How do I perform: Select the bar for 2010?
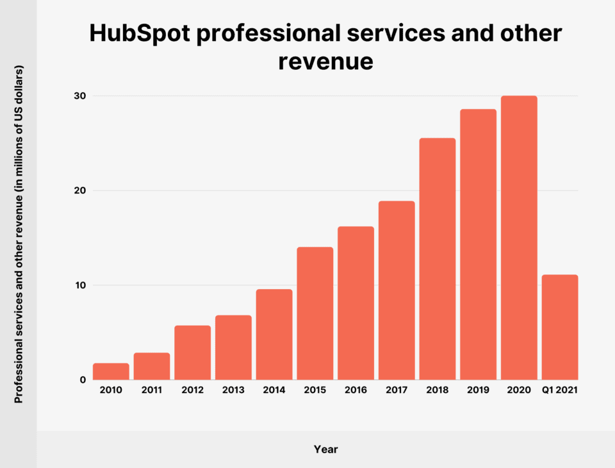click(x=111, y=372)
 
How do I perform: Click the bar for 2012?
click(x=192, y=353)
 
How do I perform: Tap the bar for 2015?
click(x=315, y=313)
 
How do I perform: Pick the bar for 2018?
click(x=438, y=259)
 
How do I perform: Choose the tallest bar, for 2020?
click(x=519, y=238)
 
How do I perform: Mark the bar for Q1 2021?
click(x=560, y=328)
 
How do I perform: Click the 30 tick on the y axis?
click(x=79, y=96)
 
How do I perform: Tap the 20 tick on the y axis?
click(x=79, y=190)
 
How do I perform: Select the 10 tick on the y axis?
click(x=80, y=285)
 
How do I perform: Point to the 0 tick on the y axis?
click(x=83, y=380)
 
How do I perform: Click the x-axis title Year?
click(x=325, y=449)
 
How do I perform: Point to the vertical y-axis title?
click(x=19, y=234)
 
